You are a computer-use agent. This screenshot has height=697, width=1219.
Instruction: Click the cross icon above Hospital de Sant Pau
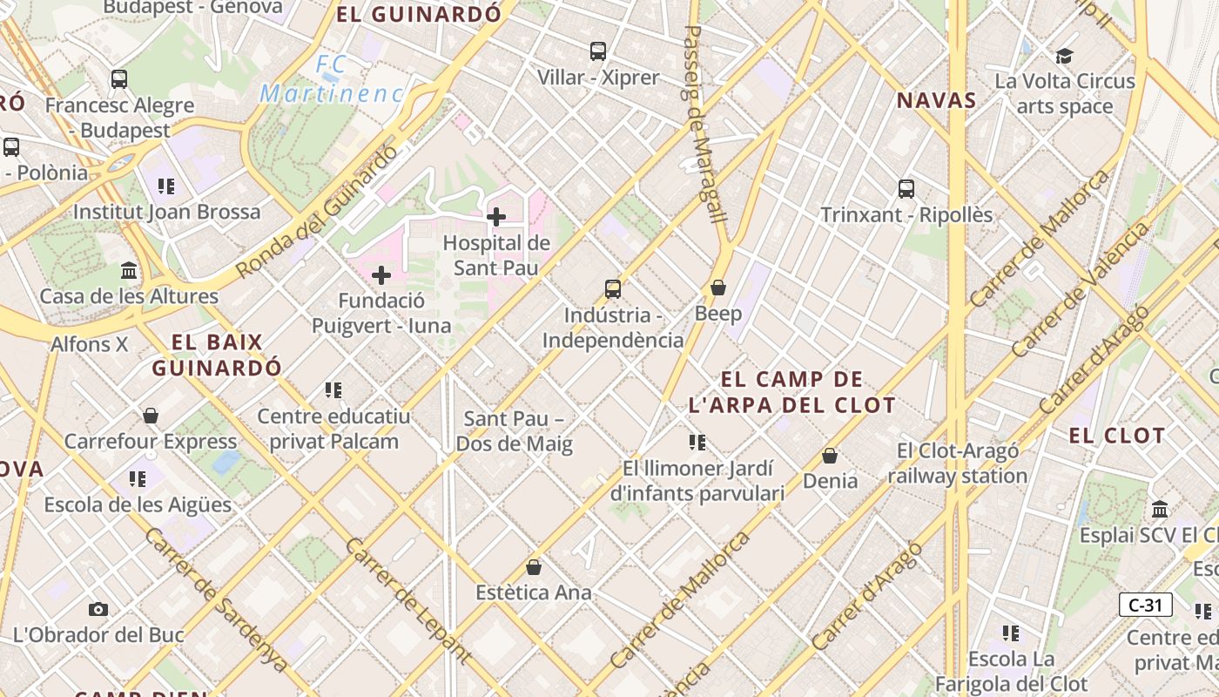pos(496,216)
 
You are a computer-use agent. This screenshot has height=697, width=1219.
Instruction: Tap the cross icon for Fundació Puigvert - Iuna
pos(381,275)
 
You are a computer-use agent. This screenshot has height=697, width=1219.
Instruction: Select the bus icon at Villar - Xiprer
pos(597,51)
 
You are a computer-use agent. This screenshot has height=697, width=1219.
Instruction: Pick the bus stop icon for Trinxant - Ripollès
pos(906,188)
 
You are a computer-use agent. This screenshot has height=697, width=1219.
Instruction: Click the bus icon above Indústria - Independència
pos(613,288)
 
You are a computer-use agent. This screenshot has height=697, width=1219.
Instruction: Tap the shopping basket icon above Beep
pos(718,287)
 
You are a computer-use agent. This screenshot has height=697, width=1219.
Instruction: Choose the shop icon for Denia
pos(830,456)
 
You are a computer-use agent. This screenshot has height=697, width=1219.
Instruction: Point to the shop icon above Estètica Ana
pos(534,567)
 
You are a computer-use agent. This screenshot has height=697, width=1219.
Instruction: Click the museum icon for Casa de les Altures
pos(129,270)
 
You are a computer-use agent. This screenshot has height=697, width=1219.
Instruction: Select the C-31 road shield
pos(1145,605)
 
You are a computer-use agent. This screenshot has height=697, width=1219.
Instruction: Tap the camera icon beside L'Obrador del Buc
pos(98,609)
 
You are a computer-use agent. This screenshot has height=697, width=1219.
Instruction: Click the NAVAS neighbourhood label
pos(937,100)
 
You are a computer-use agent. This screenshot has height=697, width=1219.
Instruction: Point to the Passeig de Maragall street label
pos(704,122)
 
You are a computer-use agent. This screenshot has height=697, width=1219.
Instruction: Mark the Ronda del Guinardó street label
pos(317,212)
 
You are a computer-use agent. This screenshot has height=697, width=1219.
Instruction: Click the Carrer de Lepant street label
pos(408,601)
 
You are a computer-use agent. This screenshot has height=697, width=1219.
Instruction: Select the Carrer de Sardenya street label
pos(216,600)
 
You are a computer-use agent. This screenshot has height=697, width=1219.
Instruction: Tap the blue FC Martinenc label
pos(331,79)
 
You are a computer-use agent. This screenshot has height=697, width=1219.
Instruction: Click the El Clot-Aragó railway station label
pos(958,464)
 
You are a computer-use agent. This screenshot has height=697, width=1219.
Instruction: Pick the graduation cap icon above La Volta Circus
pos(1064,57)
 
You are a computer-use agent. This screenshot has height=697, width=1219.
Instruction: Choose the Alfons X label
pos(90,344)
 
